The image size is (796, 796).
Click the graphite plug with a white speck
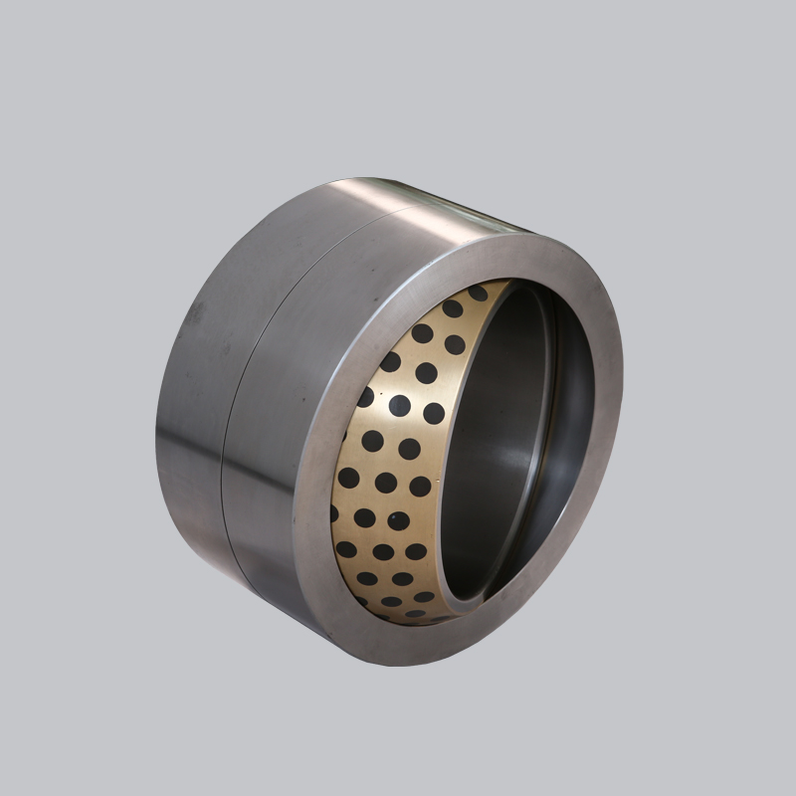(400, 406)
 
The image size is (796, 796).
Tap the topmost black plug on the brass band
(478, 294)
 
